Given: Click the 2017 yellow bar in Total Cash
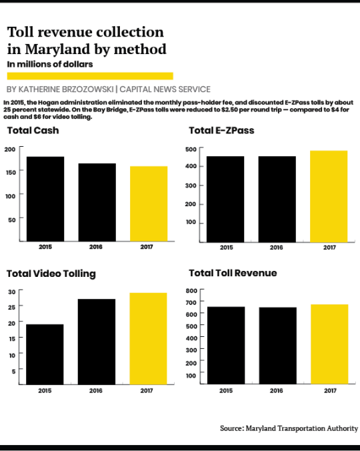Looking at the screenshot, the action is [x=149, y=203].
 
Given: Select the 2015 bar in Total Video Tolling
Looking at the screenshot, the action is [x=45, y=354].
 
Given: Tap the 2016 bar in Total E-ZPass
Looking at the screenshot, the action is [x=277, y=199].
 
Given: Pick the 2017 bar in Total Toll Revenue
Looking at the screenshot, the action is [x=329, y=344].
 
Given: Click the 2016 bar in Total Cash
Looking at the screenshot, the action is [x=97, y=202].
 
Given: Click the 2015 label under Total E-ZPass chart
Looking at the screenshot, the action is [x=227, y=248].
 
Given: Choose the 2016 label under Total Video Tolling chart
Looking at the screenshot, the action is [x=96, y=390].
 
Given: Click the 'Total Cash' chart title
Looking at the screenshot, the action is [x=33, y=130].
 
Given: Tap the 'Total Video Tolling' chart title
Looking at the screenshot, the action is [x=51, y=274].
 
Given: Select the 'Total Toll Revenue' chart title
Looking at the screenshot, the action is [x=233, y=273].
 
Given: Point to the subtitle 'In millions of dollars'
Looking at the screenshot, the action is [x=50, y=64].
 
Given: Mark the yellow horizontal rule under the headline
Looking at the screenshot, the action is [x=90, y=76].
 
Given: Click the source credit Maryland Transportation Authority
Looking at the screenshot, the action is [x=302, y=428].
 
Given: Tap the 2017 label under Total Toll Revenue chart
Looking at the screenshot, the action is [x=331, y=390].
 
